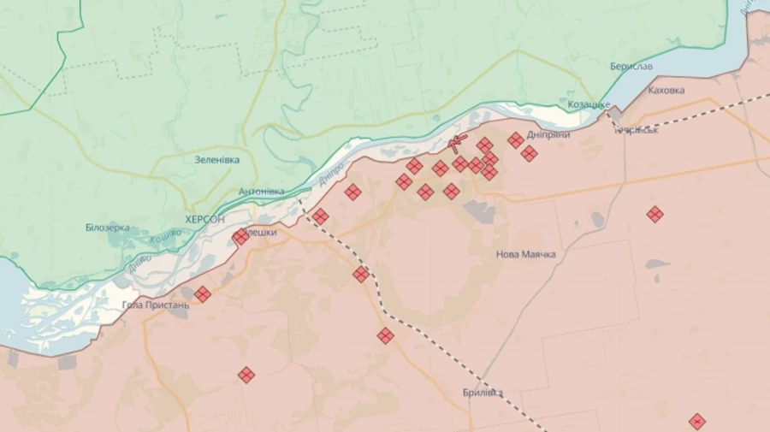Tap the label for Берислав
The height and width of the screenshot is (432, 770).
(x=631, y=67)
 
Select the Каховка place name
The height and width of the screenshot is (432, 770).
(x=666, y=90)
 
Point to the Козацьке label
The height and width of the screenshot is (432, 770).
(x=589, y=104)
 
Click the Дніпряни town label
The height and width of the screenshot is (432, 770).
(x=549, y=134)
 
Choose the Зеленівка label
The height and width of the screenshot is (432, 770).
(x=216, y=160)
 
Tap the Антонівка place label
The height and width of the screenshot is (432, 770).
(x=261, y=192)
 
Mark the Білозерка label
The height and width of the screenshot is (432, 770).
(x=107, y=228)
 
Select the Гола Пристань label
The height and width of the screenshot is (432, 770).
(x=155, y=305)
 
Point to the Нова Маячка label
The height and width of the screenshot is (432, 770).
(x=526, y=255)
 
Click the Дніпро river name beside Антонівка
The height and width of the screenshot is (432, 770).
(x=329, y=174)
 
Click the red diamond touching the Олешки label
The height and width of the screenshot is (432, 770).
(x=240, y=237)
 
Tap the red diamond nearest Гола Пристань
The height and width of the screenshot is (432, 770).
(x=203, y=294)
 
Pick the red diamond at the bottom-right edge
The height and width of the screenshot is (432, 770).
(x=697, y=421)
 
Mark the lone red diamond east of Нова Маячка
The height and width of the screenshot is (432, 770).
(x=654, y=214)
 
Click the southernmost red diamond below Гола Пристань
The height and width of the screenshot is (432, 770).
(x=246, y=375)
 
